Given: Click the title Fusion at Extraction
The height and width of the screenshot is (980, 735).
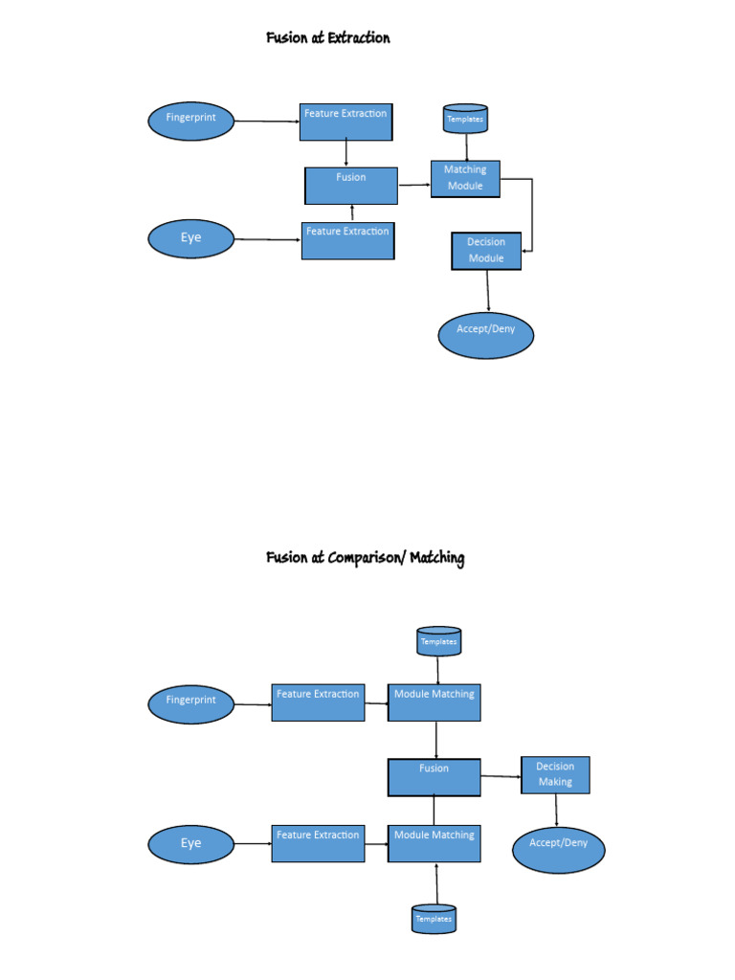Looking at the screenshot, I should [x=328, y=38].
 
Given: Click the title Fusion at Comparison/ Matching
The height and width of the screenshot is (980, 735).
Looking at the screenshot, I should [x=365, y=558].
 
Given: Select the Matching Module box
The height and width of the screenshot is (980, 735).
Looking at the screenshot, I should [x=465, y=178].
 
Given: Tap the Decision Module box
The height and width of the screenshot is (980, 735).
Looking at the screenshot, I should [x=486, y=251].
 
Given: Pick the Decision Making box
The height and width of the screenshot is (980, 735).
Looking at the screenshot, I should [x=555, y=775].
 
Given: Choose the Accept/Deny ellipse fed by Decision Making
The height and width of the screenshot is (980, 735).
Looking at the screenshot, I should [x=558, y=844].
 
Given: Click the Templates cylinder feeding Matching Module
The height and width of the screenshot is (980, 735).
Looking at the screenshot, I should [x=465, y=120].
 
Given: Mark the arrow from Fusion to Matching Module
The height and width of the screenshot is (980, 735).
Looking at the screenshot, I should [x=413, y=185].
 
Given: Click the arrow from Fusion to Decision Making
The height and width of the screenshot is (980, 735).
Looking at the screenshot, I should [x=501, y=776].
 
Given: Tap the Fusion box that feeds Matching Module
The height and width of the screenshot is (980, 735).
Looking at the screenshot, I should [x=351, y=186].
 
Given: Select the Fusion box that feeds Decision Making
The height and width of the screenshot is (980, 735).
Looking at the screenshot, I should [x=434, y=777].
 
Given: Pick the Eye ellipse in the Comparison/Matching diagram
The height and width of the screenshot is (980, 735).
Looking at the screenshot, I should [x=191, y=844].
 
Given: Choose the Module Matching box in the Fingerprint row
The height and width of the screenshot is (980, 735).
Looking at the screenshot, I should [x=434, y=702].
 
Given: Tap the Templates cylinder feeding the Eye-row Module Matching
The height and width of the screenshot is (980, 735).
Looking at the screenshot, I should [x=434, y=918].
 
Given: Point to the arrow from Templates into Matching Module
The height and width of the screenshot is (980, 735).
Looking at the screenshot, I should [x=466, y=147].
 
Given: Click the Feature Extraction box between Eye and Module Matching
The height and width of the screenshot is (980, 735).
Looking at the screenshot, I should [x=318, y=843].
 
